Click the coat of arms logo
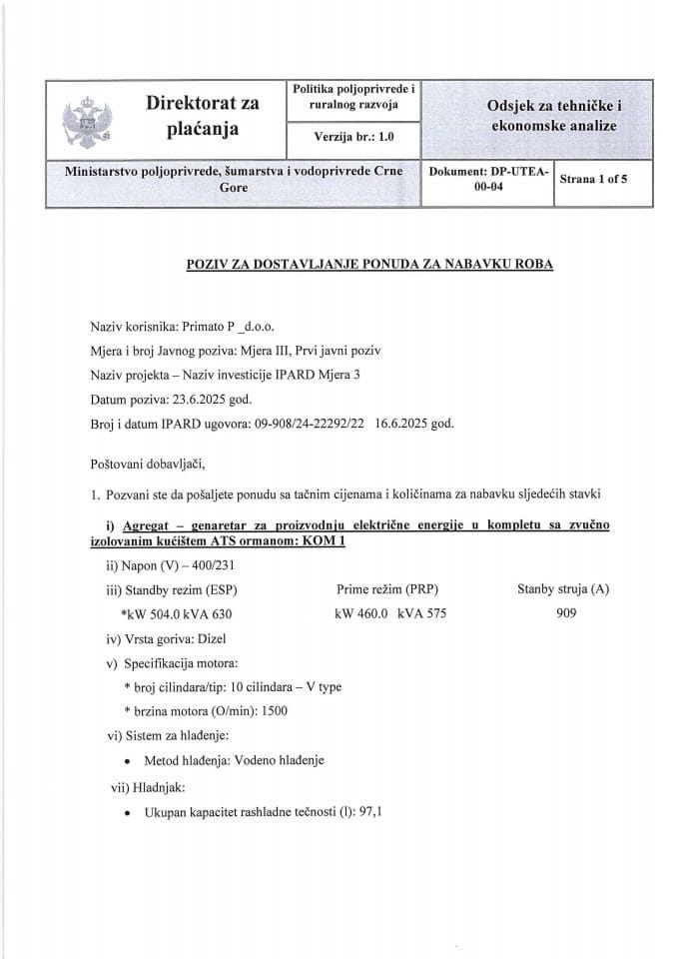[82, 119]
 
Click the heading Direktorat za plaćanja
[202, 116]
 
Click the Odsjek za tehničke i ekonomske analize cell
[551, 116]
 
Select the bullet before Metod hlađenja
[129, 761]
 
